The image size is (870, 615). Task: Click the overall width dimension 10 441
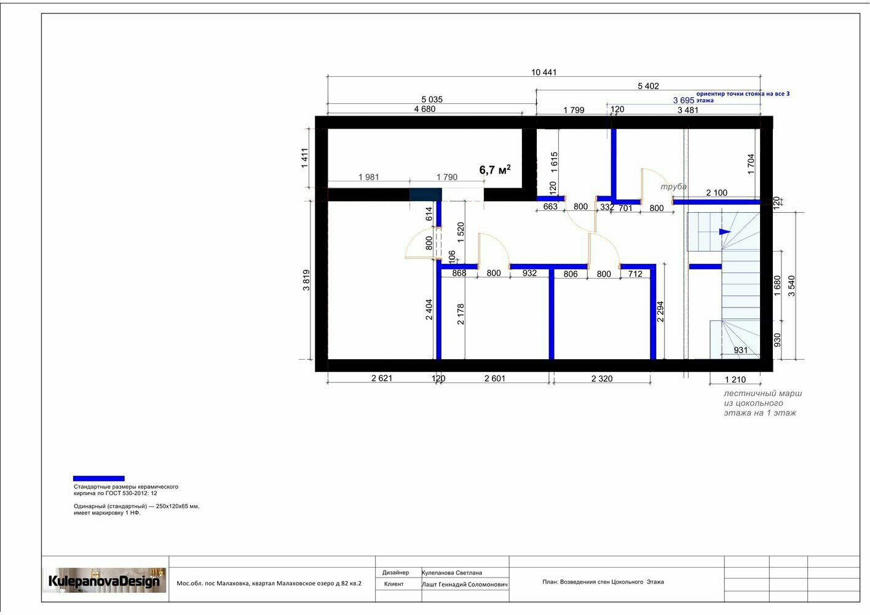tap(544, 72)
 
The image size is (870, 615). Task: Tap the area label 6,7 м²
tap(495, 169)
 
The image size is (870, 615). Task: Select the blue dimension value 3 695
tap(684, 100)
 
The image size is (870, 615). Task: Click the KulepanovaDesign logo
tap(104, 581)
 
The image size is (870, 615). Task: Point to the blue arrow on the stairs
tap(725, 232)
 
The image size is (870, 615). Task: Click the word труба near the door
tap(673, 186)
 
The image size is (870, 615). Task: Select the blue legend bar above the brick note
tap(98, 478)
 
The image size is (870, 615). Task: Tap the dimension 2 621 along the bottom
tap(382, 378)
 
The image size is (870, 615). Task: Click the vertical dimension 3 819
tap(306, 280)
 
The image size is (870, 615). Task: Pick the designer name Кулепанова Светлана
tap(452, 573)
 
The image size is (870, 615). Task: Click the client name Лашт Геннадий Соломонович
tap(465, 584)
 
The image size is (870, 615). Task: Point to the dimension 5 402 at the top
tap(648, 86)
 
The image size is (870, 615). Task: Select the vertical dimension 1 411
tap(305, 158)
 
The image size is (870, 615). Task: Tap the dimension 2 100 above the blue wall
tap(716, 192)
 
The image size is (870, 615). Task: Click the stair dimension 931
tap(741, 350)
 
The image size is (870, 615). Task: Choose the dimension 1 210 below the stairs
tap(735, 379)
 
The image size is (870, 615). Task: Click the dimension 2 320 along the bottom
tap(601, 378)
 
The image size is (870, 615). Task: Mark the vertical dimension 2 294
tap(660, 312)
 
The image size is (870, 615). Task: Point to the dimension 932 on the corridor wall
tap(529, 273)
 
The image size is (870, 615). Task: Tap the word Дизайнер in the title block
tap(395, 573)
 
